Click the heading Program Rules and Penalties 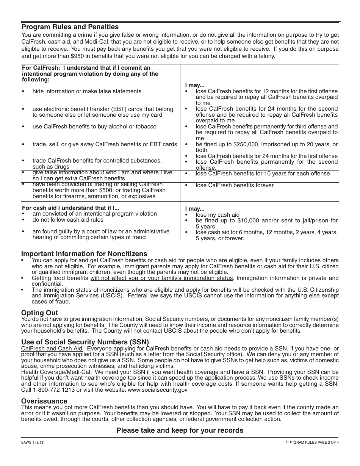70,27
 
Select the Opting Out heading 39,313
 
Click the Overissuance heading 44,401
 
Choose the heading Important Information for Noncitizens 84,254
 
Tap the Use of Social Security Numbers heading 85,342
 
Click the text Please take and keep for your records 180,430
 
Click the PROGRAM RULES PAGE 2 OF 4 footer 312,442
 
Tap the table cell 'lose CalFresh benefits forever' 234,185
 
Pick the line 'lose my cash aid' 218,215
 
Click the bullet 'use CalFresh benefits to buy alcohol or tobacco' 94,127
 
